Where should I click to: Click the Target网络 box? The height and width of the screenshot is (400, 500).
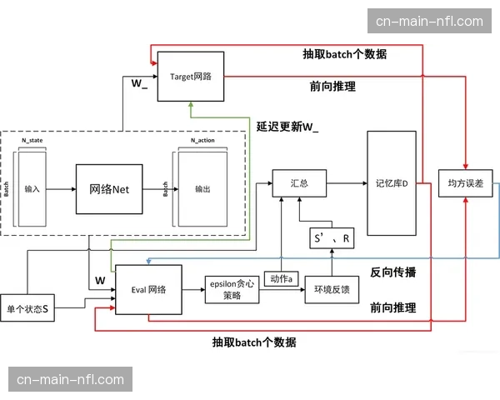click(191, 76)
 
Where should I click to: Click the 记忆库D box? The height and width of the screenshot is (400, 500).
click(391, 182)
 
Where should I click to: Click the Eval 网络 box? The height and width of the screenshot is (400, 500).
click(148, 290)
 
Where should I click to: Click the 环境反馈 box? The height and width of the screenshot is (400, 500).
click(332, 290)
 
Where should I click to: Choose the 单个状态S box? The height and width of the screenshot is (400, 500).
click(27, 309)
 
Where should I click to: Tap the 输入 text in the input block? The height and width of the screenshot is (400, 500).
click(32, 189)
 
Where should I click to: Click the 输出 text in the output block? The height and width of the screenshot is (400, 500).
click(202, 189)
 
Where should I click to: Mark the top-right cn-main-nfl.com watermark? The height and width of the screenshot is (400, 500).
click(429, 21)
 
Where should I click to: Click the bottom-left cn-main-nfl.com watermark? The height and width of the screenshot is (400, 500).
click(71, 380)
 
